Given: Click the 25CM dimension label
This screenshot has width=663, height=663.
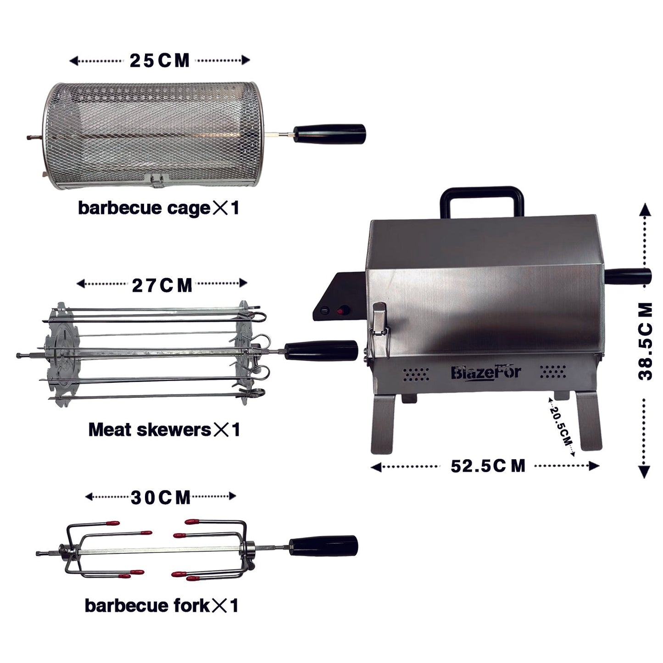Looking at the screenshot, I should pyautogui.click(x=159, y=61).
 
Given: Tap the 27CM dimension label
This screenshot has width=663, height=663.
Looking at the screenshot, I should pyautogui.click(x=162, y=285).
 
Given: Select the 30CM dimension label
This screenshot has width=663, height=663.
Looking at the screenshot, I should pyautogui.click(x=161, y=498).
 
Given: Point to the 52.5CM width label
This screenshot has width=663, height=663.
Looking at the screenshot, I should pyautogui.click(x=488, y=466).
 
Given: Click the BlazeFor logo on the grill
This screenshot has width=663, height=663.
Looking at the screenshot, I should pyautogui.click(x=485, y=372).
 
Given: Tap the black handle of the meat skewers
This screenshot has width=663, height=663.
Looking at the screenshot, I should pyautogui.click(x=321, y=351).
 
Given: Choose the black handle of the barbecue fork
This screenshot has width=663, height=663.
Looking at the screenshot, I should pyautogui.click(x=323, y=546).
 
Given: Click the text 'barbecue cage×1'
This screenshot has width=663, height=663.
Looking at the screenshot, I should pyautogui.click(x=158, y=208).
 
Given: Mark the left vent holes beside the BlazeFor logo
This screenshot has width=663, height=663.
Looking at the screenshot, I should pyautogui.click(x=416, y=373).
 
